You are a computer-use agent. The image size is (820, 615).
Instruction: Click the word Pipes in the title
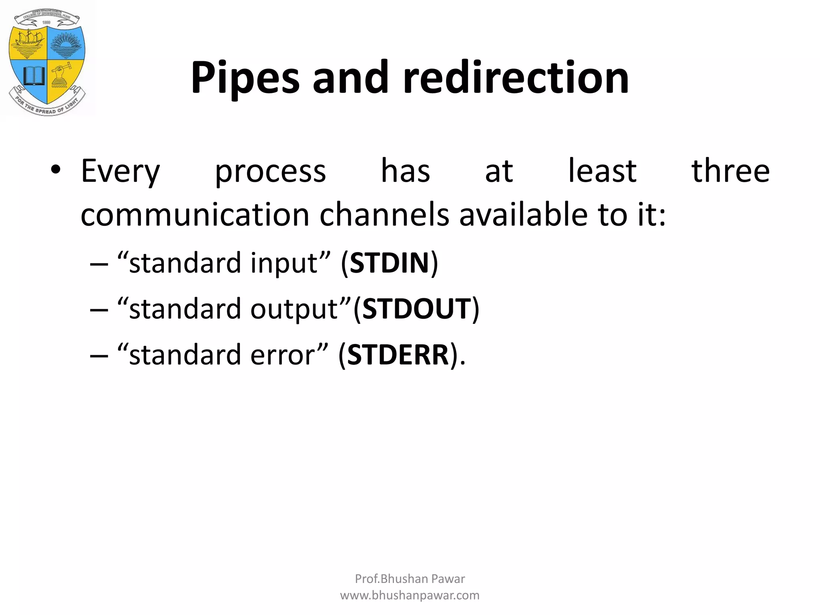point(245,78)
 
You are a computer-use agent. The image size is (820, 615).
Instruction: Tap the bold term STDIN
point(389,263)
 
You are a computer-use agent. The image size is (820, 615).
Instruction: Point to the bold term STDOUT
point(416,309)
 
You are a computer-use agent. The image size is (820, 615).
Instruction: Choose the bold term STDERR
point(398,355)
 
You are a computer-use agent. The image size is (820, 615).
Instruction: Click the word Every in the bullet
point(120,171)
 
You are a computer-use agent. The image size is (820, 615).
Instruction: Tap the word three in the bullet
point(730,171)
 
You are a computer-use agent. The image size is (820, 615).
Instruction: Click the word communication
point(195,215)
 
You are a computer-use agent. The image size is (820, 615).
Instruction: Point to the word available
point(524,215)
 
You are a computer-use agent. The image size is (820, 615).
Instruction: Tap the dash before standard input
point(99,264)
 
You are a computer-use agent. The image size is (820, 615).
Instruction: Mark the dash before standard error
point(99,356)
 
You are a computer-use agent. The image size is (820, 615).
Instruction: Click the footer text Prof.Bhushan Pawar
point(410,579)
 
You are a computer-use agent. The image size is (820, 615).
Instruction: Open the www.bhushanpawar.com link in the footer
point(410,595)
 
